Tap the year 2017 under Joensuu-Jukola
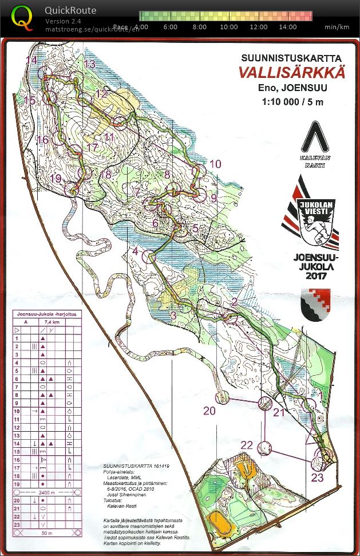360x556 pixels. click(x=314, y=276)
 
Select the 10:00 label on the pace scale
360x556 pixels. click(x=229, y=26)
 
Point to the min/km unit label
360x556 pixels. click(x=336, y=26)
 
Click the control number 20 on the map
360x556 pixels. click(x=210, y=411)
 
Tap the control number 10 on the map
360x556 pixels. click(x=215, y=164)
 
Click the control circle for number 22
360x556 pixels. click(x=264, y=447)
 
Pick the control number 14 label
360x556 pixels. click(x=31, y=60)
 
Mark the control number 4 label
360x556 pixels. click(x=135, y=251)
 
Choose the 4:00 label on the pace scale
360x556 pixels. click(x=140, y=26)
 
